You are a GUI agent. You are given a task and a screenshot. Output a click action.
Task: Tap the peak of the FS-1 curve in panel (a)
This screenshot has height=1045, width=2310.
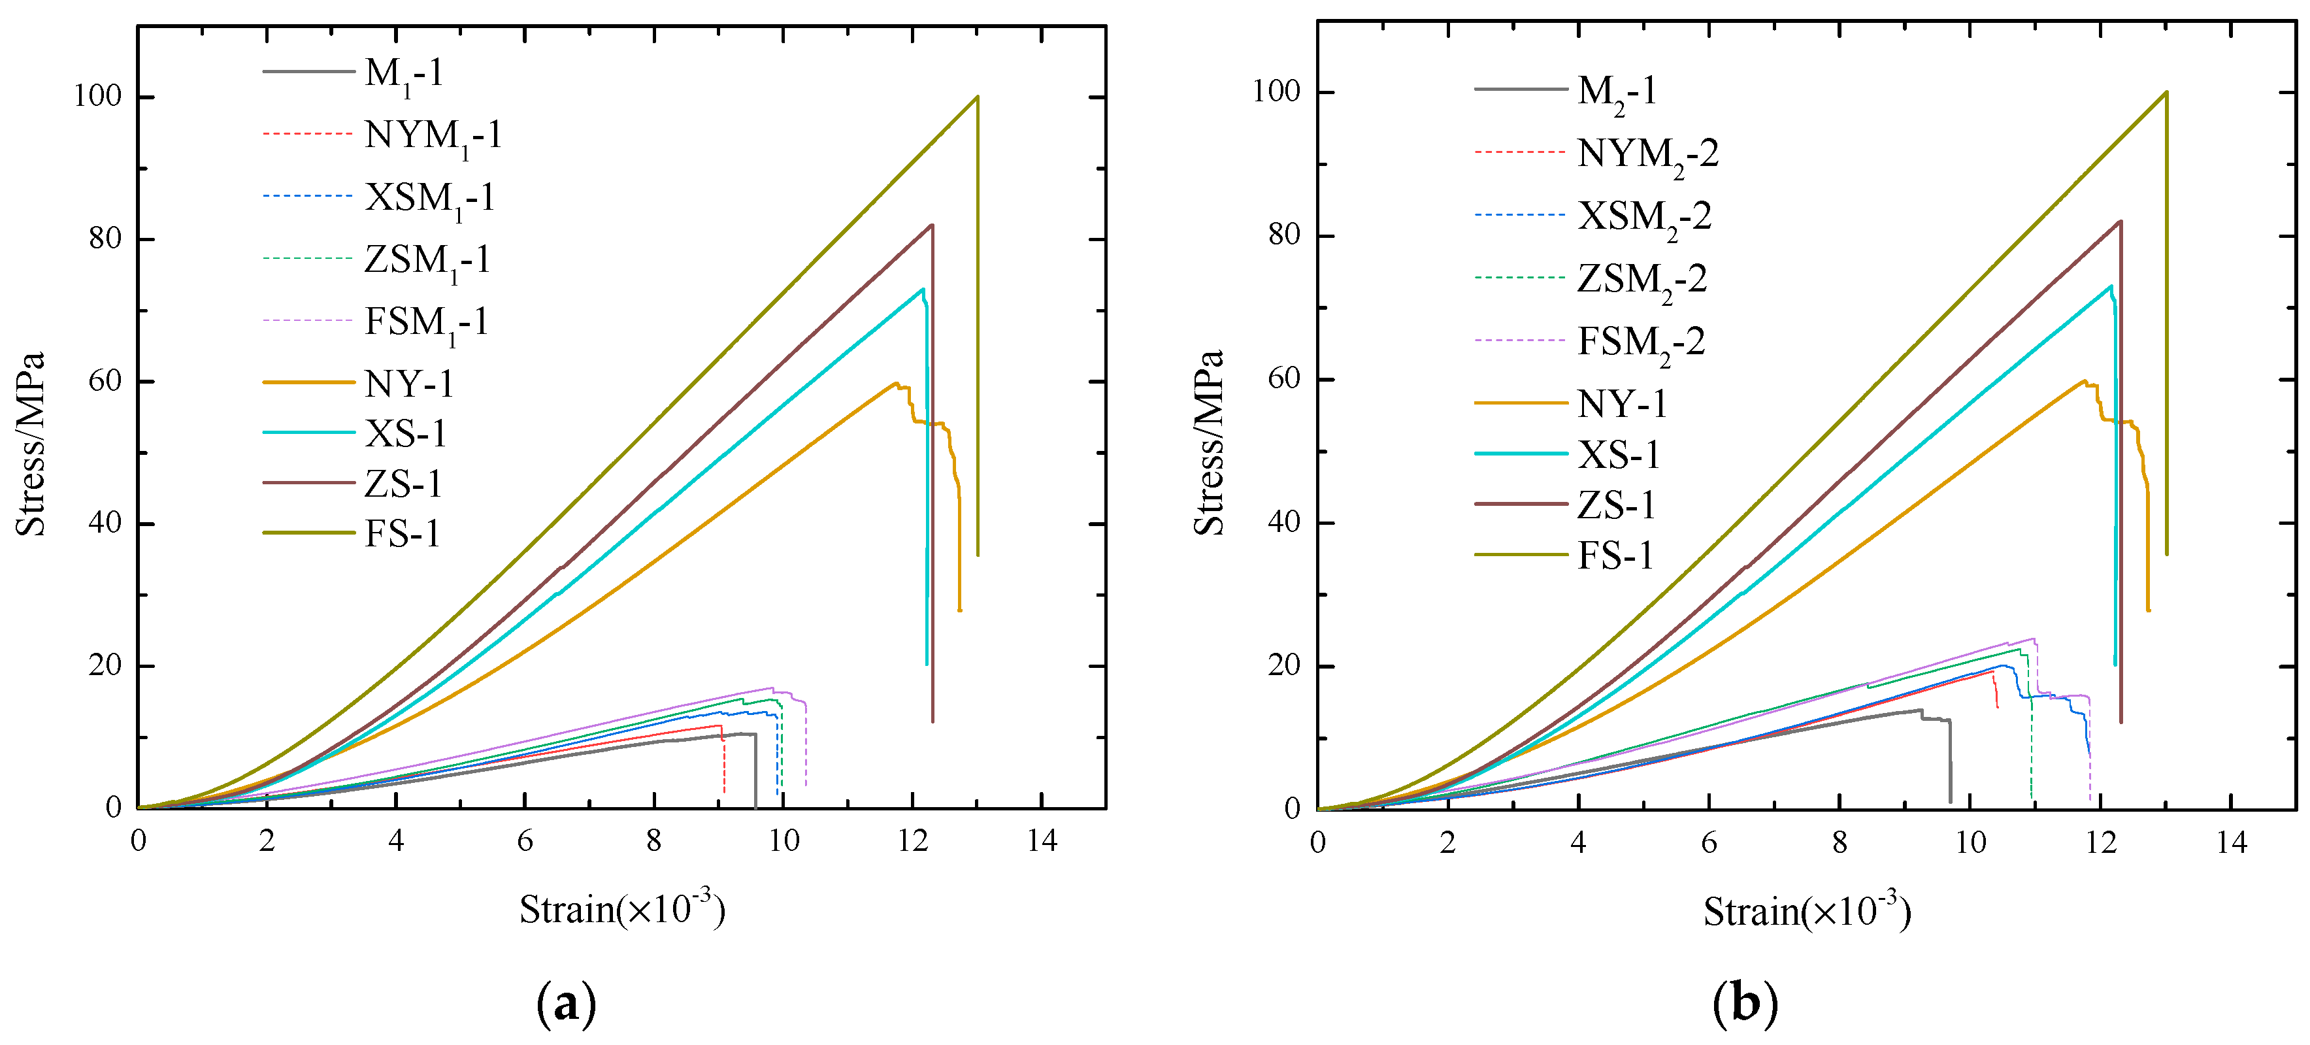(976, 97)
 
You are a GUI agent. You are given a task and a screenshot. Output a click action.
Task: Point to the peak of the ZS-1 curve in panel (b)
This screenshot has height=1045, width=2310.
(2120, 221)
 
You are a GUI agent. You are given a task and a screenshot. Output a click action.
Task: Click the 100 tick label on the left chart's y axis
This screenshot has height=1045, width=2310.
(97, 97)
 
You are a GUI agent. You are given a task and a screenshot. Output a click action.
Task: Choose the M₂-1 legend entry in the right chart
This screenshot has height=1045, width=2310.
(1616, 91)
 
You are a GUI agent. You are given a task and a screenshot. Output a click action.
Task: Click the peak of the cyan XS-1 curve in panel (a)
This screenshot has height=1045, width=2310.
(922, 289)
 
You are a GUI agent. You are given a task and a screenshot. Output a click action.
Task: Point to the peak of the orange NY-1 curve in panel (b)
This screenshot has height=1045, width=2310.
(2083, 380)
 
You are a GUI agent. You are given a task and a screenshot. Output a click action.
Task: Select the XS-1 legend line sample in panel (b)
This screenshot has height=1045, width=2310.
(1520, 454)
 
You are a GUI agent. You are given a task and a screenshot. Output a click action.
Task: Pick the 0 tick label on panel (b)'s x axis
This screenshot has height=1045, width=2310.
(1317, 842)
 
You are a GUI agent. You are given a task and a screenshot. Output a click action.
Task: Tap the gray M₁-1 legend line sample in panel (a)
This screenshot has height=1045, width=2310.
(308, 72)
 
